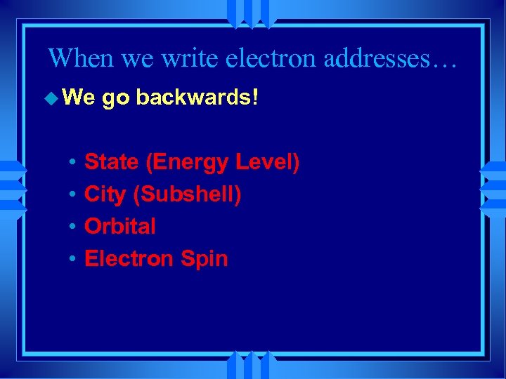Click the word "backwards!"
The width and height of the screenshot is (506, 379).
tap(197, 98)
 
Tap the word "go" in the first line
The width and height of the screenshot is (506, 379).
tap(115, 99)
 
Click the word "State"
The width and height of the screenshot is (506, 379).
tap(112, 163)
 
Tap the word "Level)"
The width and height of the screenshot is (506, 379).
tap(268, 163)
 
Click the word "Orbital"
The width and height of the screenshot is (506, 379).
tap(120, 227)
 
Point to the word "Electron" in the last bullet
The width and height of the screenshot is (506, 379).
tap(129, 258)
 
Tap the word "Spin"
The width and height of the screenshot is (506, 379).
tap(204, 259)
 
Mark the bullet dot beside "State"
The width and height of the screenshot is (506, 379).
tap(73, 164)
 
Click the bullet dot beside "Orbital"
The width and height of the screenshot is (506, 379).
tap(73, 227)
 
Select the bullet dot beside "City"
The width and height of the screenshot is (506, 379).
tap(73, 195)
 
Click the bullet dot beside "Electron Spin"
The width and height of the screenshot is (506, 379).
tap(73, 259)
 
